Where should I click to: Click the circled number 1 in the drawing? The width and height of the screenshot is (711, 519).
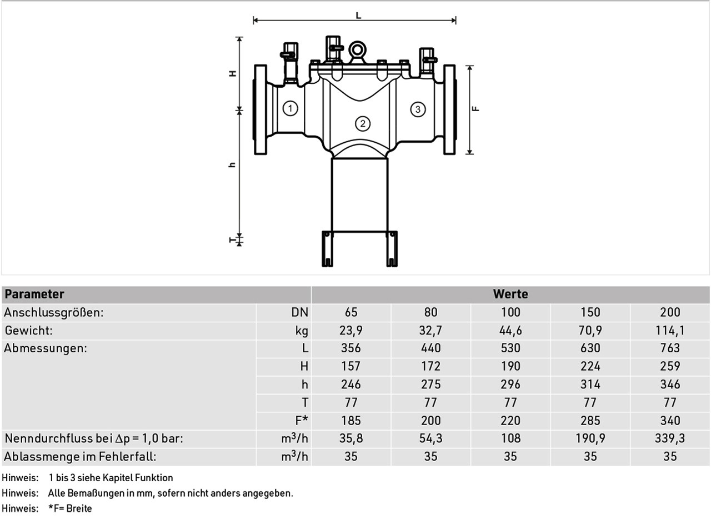(x=290, y=108)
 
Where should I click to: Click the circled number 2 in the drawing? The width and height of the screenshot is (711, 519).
(x=363, y=123)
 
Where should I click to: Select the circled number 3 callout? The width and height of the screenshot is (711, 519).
(x=418, y=109)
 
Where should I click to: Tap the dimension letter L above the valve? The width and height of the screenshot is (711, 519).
(x=358, y=15)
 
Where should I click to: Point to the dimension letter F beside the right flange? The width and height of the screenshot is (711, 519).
(x=475, y=108)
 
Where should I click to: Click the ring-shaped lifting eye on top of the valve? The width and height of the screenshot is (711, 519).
(x=357, y=50)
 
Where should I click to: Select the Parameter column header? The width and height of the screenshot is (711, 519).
(x=34, y=294)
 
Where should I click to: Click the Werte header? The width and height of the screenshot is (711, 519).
(x=510, y=294)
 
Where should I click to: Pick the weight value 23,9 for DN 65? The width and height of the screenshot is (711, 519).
(x=351, y=331)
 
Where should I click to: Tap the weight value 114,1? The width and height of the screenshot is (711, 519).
(x=670, y=331)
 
